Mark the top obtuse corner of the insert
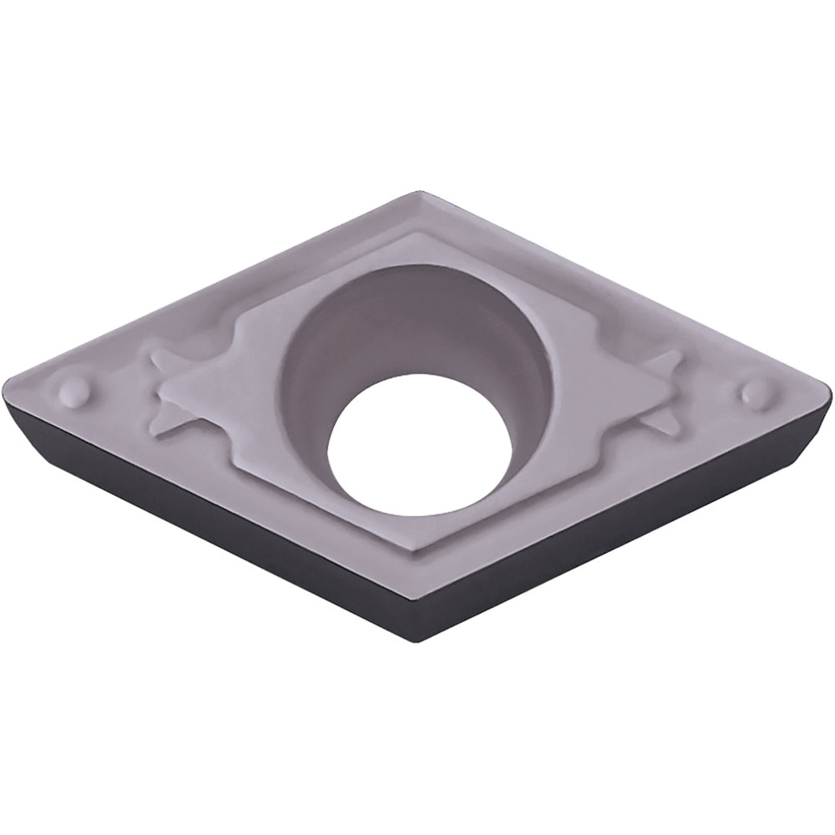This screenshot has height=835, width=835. pos(417,194)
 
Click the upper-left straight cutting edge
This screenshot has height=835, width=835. pos(209,288)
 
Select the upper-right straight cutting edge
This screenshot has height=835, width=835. pos(626,288)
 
